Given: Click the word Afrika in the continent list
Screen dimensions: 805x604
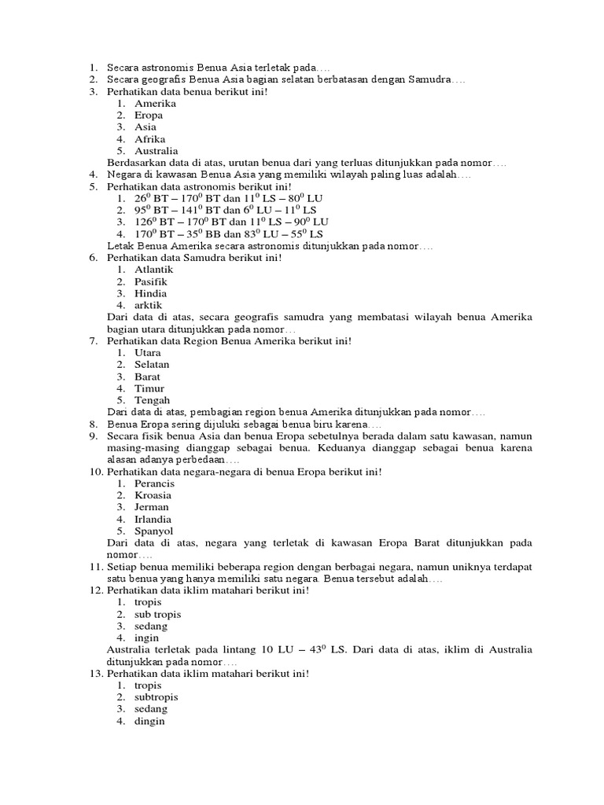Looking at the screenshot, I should [x=149, y=139].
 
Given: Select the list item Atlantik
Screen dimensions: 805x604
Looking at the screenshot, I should [x=153, y=270].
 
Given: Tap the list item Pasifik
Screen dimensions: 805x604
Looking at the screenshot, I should [x=151, y=281].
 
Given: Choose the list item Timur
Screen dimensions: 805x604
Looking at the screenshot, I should [x=149, y=388].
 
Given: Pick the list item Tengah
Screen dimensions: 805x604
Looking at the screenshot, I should [x=152, y=400].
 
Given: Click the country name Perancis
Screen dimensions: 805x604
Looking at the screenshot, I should [x=154, y=483].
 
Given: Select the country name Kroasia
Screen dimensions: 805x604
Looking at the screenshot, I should [x=153, y=495].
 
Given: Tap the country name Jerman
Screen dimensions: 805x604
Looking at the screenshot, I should [x=151, y=507].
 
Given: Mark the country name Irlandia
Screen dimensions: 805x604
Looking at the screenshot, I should [x=153, y=519].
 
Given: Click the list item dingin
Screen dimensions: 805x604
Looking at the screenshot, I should [x=149, y=721].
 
